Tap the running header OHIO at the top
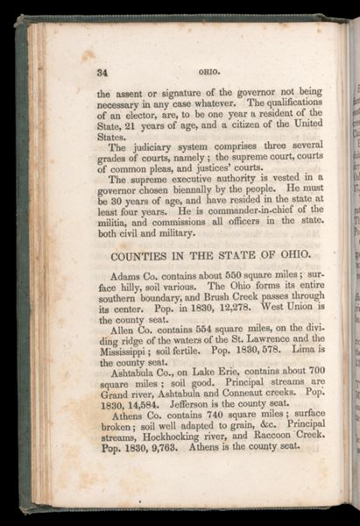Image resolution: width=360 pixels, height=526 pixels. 208,72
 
